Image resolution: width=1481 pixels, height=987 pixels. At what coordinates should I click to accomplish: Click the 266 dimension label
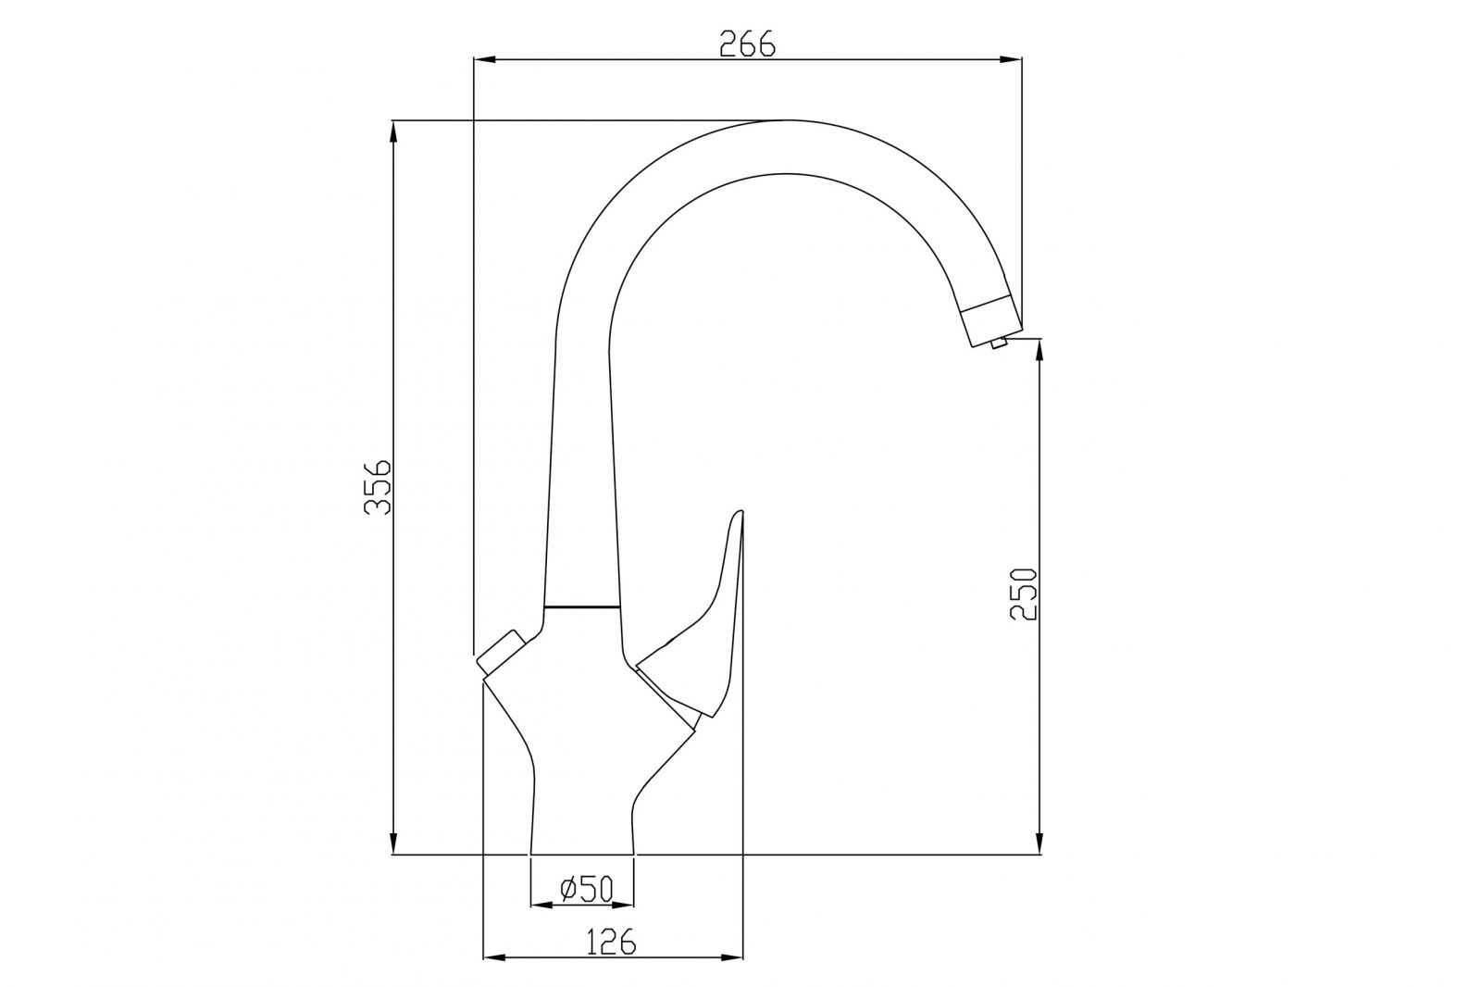pos(747,44)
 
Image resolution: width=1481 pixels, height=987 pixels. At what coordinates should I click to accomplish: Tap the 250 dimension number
pos(1024,593)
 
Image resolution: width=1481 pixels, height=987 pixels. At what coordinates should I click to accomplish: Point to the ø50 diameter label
pos(587,889)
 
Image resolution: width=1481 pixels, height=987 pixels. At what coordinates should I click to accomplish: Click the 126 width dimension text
pos(612,942)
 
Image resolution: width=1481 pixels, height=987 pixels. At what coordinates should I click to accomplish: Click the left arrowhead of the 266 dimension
pos(485,60)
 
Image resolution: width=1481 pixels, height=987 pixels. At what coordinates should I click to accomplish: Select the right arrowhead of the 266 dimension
pos(1011,60)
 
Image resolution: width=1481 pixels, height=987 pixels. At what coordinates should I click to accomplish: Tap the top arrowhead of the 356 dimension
pos(394,131)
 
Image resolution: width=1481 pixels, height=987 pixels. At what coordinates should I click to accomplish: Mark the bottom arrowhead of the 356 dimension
pos(394,843)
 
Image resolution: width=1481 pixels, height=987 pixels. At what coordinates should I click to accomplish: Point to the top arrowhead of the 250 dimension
pos(1040,350)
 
